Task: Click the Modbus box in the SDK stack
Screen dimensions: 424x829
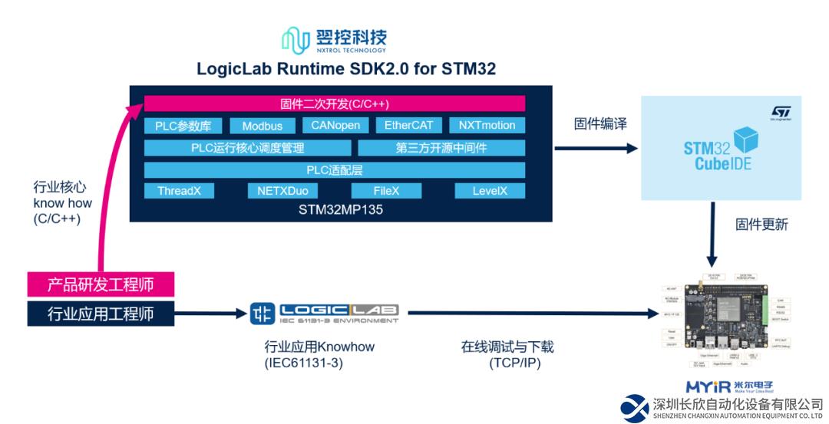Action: tap(263, 126)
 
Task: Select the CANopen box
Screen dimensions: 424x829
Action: tap(335, 125)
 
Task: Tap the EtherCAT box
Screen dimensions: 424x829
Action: tap(408, 125)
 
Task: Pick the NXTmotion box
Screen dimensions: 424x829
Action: tap(487, 125)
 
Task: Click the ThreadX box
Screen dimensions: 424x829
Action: tap(179, 191)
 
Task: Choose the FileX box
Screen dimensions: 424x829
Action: tap(386, 191)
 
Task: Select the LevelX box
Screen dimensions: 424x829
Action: tap(489, 191)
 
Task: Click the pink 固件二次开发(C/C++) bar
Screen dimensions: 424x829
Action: tap(335, 104)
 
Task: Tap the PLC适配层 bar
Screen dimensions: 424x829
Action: tap(335, 169)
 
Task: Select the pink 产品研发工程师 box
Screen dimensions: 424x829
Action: tap(101, 285)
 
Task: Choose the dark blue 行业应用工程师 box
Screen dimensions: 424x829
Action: tap(101, 313)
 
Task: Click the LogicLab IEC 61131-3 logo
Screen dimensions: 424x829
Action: tap(325, 313)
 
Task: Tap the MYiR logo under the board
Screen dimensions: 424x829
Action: tap(729, 386)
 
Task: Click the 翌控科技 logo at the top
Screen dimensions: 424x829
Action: tap(335, 40)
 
